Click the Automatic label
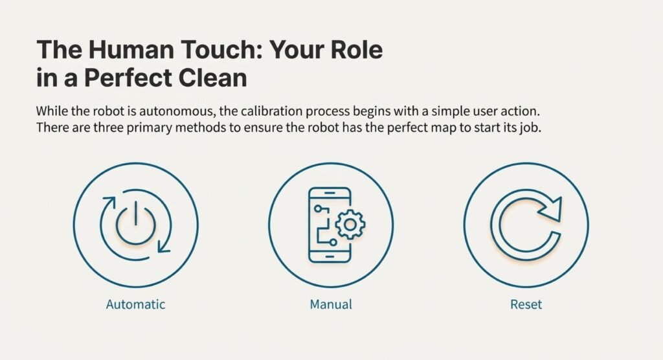135,304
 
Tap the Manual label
330,304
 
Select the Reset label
526,304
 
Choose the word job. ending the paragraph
528,128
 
